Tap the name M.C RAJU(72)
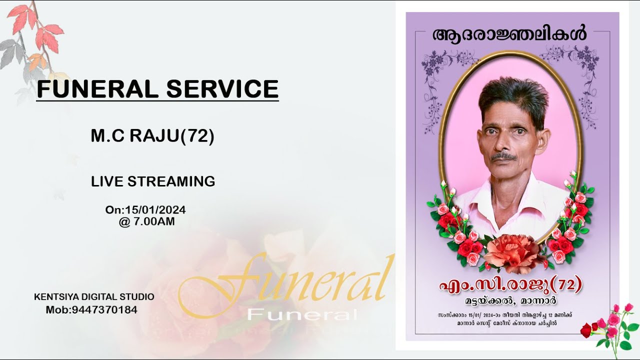[152, 136]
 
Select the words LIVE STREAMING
[153, 181]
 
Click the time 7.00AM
[154, 221]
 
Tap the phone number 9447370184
[104, 310]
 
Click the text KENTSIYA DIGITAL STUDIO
[94, 297]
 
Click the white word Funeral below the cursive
[302, 314]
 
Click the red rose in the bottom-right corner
[586, 330]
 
